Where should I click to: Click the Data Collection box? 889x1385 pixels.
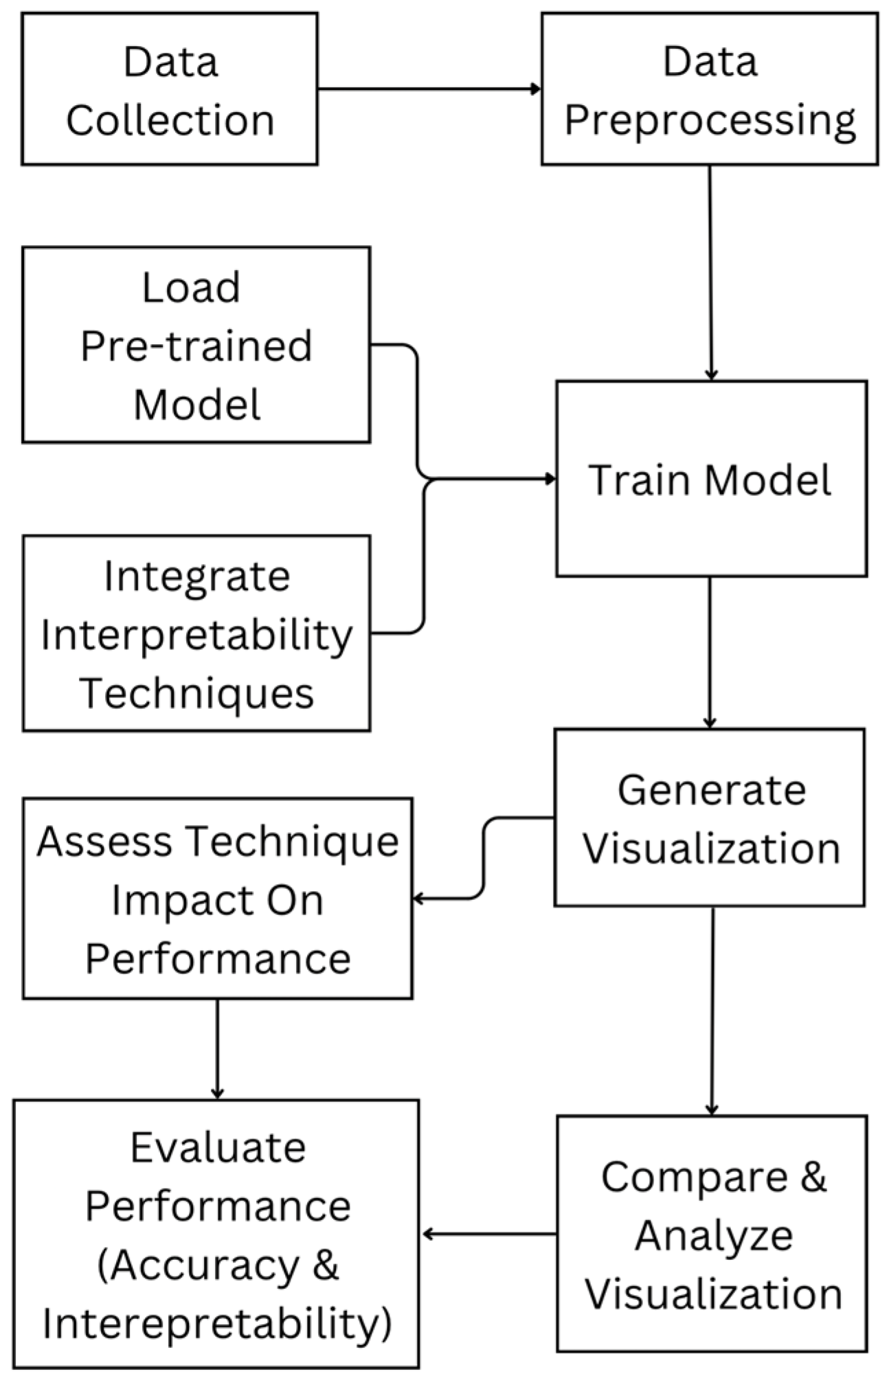170,89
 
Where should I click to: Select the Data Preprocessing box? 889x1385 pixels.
709,89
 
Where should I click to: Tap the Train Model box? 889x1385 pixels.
710,479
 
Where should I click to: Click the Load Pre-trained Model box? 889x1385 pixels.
196,345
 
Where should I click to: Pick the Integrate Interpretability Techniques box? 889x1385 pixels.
196,633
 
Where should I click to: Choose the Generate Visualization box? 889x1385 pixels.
709,818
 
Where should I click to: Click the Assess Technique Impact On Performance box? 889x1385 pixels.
217,899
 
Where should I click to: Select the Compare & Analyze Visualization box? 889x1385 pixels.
712,1235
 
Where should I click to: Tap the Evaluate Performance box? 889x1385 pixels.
216,1235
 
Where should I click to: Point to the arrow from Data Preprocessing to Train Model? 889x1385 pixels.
710,275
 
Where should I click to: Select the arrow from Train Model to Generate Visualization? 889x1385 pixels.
710,653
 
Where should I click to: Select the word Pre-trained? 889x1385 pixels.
196,346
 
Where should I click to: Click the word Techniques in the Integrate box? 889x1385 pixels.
197,692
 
